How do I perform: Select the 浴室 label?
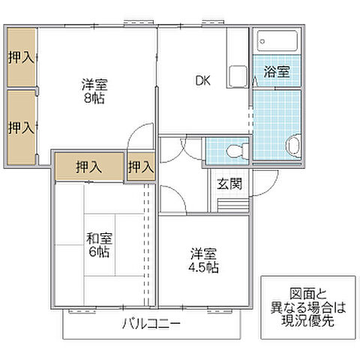pyautogui.click(x=276, y=72)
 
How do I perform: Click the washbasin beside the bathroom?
pyautogui.click(x=292, y=144)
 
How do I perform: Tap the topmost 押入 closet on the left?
pyautogui.click(x=20, y=58)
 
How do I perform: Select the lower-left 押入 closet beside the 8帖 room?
pyautogui.click(x=20, y=127)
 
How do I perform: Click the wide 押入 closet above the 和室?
pyautogui.click(x=88, y=167)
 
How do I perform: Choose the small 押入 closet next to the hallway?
pyautogui.click(x=140, y=166)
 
